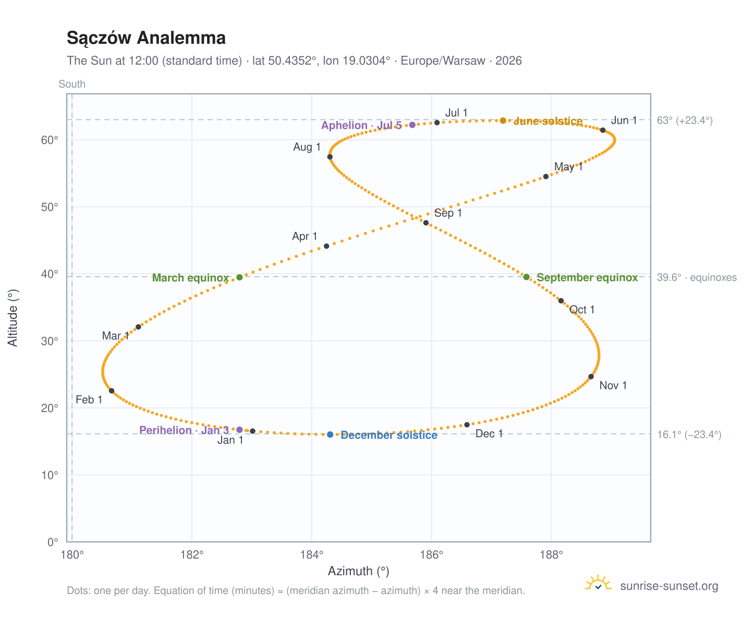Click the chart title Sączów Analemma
point(146,38)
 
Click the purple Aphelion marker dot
point(412,125)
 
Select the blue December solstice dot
point(330,435)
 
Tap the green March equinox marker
point(239,277)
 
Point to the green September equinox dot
point(526,277)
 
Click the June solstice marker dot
point(503,120)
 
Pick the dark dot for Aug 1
point(330,157)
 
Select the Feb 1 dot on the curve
point(112,391)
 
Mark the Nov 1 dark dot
point(591,377)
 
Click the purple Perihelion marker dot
point(239,430)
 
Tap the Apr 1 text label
point(305,236)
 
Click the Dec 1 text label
point(489,434)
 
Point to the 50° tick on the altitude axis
point(50,207)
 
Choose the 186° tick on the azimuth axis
point(431,555)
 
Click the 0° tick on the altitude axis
point(53,542)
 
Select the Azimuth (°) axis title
point(358,571)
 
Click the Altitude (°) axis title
point(13,318)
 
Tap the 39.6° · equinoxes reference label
point(697,277)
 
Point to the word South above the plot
point(72,84)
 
